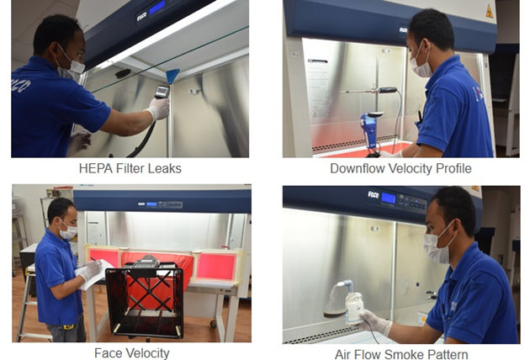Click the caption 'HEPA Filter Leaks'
click(x=130, y=168)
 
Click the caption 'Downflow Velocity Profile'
click(x=400, y=168)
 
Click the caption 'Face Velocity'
click(x=132, y=353)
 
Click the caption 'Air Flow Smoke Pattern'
click(x=401, y=354)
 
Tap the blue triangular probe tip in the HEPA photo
click(x=172, y=76)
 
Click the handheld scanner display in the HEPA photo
click(x=162, y=91)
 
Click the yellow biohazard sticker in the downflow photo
click(x=489, y=12)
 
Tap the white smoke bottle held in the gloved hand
click(x=353, y=309)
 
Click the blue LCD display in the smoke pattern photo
click(x=389, y=199)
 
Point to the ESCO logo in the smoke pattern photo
click(x=374, y=194)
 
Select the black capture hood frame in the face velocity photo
click(x=145, y=299)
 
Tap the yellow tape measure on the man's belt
click(x=69, y=327)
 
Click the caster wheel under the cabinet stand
click(x=213, y=324)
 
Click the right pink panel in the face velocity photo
click(x=216, y=267)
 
